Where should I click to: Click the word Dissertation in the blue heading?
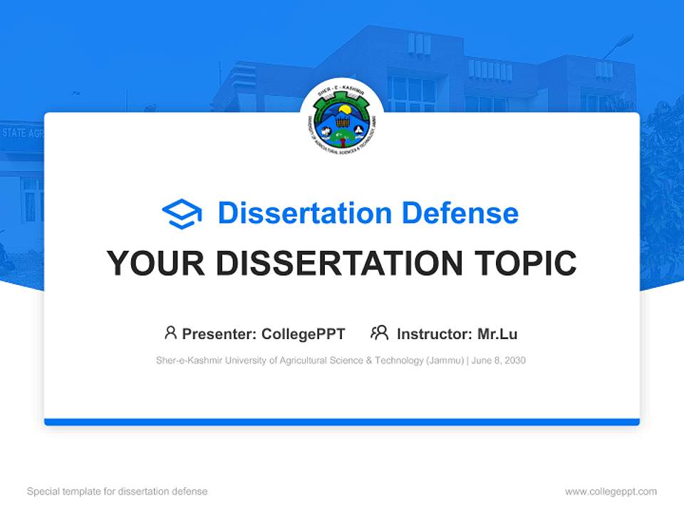[x=305, y=213]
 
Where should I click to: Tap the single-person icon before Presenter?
[x=170, y=333]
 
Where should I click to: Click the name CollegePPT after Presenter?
[x=304, y=333]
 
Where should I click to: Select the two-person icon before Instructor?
[x=379, y=333]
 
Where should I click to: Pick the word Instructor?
[x=435, y=333]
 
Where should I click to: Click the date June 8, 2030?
[x=499, y=361]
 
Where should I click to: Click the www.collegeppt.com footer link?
[x=611, y=492]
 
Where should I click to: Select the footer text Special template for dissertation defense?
[x=117, y=492]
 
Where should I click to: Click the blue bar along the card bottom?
[x=342, y=422]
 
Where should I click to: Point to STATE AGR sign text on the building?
[x=23, y=133]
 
